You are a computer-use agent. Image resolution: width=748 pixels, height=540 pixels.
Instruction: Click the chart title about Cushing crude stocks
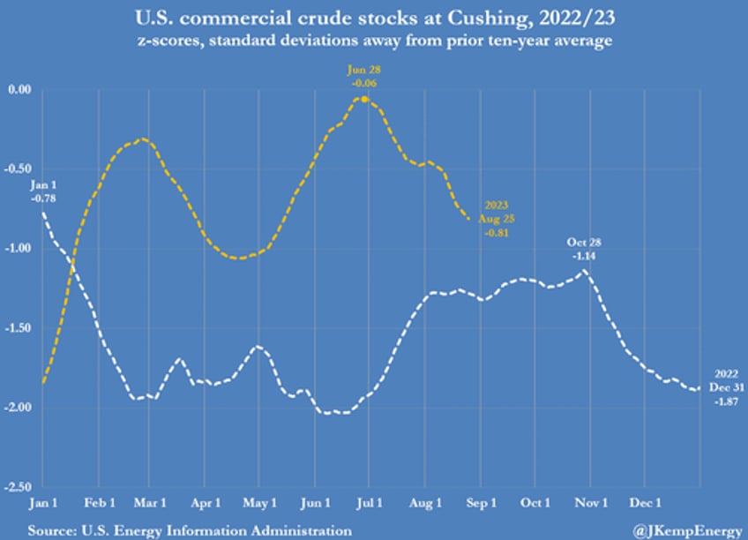pos(374,16)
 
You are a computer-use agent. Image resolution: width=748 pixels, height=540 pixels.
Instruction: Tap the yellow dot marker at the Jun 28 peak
pos(364,99)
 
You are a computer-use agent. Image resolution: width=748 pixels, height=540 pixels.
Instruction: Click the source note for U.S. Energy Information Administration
pos(190,529)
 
